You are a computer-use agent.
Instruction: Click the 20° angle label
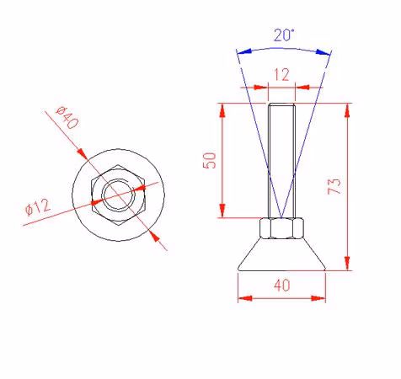[284, 35]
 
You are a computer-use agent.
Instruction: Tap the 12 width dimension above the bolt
[281, 75]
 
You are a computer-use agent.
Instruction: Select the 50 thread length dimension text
[210, 160]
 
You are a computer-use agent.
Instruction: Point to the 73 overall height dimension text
[334, 186]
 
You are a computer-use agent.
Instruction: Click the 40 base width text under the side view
[282, 286]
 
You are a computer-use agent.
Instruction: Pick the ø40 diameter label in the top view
[67, 118]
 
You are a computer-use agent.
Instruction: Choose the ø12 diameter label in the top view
[38, 207]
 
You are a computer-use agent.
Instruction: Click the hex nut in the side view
[281, 228]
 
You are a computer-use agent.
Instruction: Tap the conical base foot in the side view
[281, 255]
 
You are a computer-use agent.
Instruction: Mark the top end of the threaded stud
[281, 104]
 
